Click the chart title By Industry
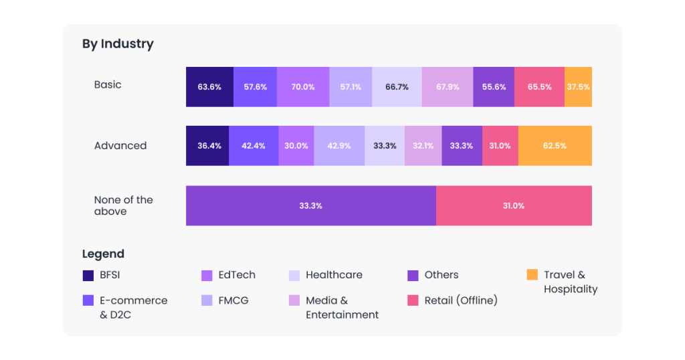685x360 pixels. tap(118, 44)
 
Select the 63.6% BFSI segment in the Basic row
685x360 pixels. tap(209, 87)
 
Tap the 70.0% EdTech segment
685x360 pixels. tap(302, 87)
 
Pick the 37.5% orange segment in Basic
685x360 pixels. tap(578, 87)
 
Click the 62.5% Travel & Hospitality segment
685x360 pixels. tap(555, 146)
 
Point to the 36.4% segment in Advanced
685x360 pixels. tap(207, 146)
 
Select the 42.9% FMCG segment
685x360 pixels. tap(339, 146)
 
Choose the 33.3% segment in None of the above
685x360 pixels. tap(310, 205)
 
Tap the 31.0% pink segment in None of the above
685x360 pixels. tap(514, 205)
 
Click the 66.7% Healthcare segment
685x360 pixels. tap(397, 87)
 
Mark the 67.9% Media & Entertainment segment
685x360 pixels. tap(447, 87)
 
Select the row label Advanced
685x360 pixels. tap(120, 146)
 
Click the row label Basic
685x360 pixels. tap(108, 85)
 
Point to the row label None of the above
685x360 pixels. tap(123, 205)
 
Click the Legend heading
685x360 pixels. tap(103, 254)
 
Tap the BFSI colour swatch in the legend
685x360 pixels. tap(88, 275)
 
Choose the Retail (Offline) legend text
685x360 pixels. tap(461, 300)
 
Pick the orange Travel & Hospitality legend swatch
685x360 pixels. tap(532, 275)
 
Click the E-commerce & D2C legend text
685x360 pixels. tap(133, 307)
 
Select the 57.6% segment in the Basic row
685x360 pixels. tap(255, 87)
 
